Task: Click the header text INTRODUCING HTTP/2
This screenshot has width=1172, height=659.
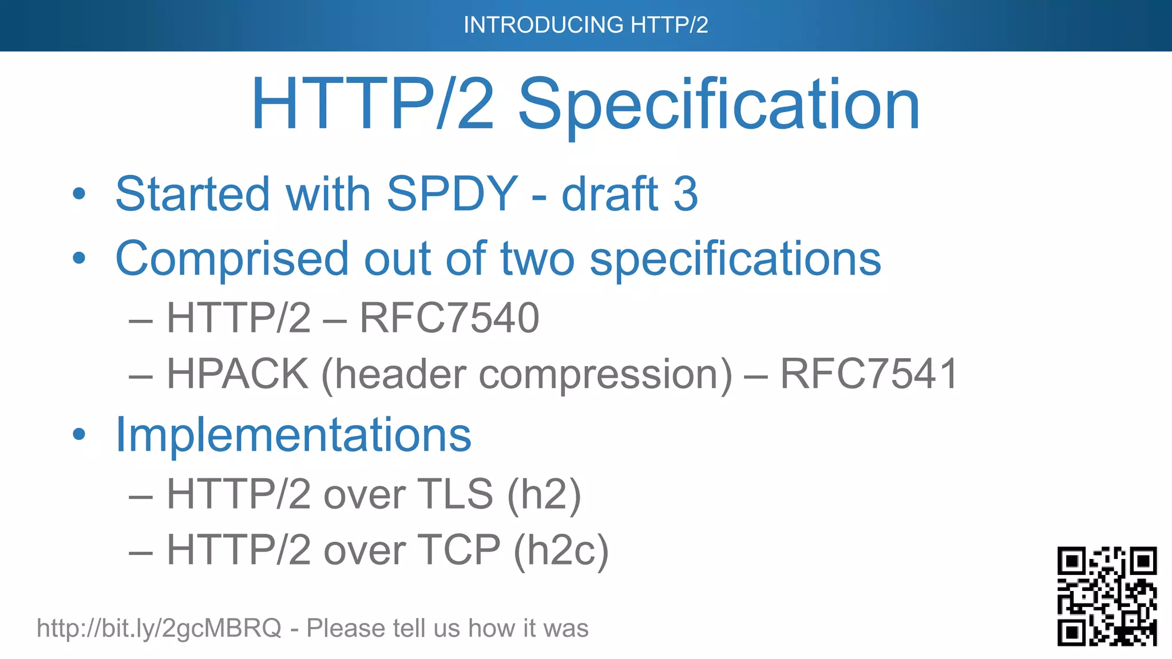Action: tap(585, 25)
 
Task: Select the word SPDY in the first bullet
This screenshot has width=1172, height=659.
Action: tap(452, 194)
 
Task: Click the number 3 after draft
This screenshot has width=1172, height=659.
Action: tap(686, 194)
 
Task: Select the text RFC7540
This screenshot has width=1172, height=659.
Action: tap(449, 318)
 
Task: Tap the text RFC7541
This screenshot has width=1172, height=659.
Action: tap(869, 374)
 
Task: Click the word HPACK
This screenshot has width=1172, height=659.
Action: tap(237, 374)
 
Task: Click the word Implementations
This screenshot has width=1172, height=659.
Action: tap(293, 435)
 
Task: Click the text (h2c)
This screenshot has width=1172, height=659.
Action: tap(561, 550)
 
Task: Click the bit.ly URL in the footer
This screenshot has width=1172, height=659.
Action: tap(159, 628)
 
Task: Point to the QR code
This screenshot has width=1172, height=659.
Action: tap(1107, 596)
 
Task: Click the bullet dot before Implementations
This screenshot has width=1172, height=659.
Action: tap(79, 434)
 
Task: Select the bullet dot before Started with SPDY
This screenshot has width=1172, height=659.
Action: tap(79, 193)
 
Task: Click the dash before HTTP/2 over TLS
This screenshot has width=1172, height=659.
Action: tap(141, 495)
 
